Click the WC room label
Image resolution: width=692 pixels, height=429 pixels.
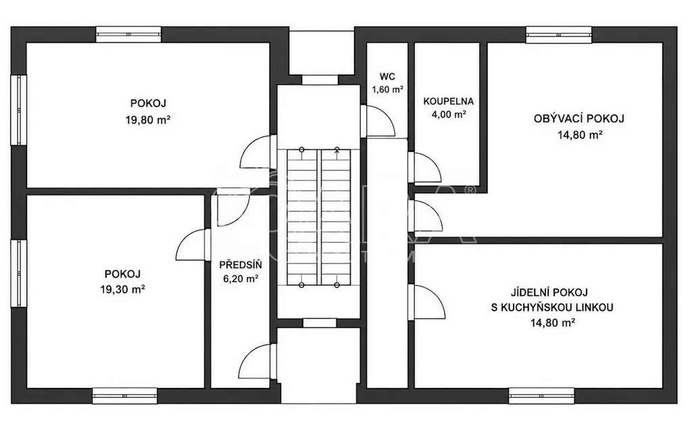point(387,76)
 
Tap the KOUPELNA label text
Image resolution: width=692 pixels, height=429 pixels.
point(449,101)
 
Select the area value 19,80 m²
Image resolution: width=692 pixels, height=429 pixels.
point(148,120)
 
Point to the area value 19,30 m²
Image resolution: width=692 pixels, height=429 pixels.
point(123,290)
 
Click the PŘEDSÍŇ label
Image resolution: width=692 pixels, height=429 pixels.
point(241,265)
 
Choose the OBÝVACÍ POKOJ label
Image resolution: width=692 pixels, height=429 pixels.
point(579,119)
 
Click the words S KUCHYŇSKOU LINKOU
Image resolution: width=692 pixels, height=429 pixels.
point(552,307)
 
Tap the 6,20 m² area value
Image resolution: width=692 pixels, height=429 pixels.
point(241,279)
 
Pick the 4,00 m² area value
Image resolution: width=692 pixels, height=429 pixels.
point(449,114)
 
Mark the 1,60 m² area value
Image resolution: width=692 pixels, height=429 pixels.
point(387,90)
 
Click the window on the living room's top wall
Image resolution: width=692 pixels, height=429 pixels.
point(559,34)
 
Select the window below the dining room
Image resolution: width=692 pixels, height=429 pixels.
point(541,396)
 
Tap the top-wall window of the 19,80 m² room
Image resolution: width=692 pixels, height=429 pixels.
point(129,34)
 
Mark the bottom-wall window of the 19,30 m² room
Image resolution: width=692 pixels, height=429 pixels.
point(125,396)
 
